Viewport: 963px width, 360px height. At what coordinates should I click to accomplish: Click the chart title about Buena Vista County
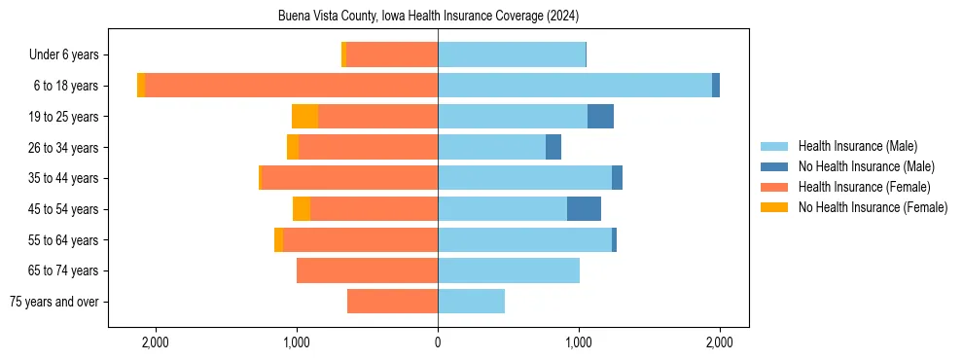coord(428,16)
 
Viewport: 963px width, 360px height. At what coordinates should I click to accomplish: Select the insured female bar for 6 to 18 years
coord(291,86)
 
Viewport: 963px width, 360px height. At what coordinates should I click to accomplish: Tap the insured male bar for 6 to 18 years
coord(575,86)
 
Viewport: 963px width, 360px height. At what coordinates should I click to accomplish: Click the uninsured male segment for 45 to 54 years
coord(584,208)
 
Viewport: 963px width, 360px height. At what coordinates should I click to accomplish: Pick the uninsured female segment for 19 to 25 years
coord(304,117)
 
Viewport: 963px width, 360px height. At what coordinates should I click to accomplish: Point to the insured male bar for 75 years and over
coord(471,302)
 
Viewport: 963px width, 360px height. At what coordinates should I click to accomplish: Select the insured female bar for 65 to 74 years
coord(367,270)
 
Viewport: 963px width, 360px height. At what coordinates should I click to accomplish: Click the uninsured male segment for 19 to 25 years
coord(600,117)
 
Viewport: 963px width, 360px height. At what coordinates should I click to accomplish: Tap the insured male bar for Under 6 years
coord(512,54)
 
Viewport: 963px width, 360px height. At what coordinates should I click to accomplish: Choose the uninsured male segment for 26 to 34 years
coord(553,147)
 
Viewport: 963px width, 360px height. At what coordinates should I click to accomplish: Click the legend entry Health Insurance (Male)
coord(857,146)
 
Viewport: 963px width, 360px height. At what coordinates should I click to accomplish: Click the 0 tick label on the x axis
coord(438,342)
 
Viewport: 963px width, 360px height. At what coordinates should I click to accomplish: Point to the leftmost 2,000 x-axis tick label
coord(156,342)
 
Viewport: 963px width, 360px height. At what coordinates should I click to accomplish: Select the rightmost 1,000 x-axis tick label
coord(579,342)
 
